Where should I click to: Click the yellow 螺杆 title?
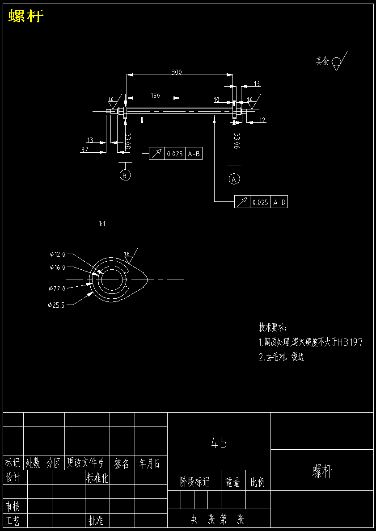coord(26,17)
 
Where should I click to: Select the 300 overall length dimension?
coord(177,72)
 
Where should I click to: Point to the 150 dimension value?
coord(155,95)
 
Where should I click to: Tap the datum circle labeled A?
coord(234,179)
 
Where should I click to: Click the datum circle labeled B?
coord(126,175)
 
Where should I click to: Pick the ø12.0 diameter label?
coord(57,255)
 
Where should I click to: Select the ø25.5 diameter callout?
coord(56,305)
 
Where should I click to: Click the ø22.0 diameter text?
coord(57,289)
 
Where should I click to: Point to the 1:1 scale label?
coord(102,224)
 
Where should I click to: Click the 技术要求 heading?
coord(273,327)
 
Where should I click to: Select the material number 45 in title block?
coord(219,443)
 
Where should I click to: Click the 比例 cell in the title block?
coord(258,482)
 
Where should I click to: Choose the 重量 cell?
coord(233,482)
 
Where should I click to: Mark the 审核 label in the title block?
coord(13,506)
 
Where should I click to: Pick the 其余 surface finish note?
coord(322,61)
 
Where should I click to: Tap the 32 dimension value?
coord(84,150)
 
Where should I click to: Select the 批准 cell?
coord(96,521)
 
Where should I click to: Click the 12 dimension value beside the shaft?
coord(262,120)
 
